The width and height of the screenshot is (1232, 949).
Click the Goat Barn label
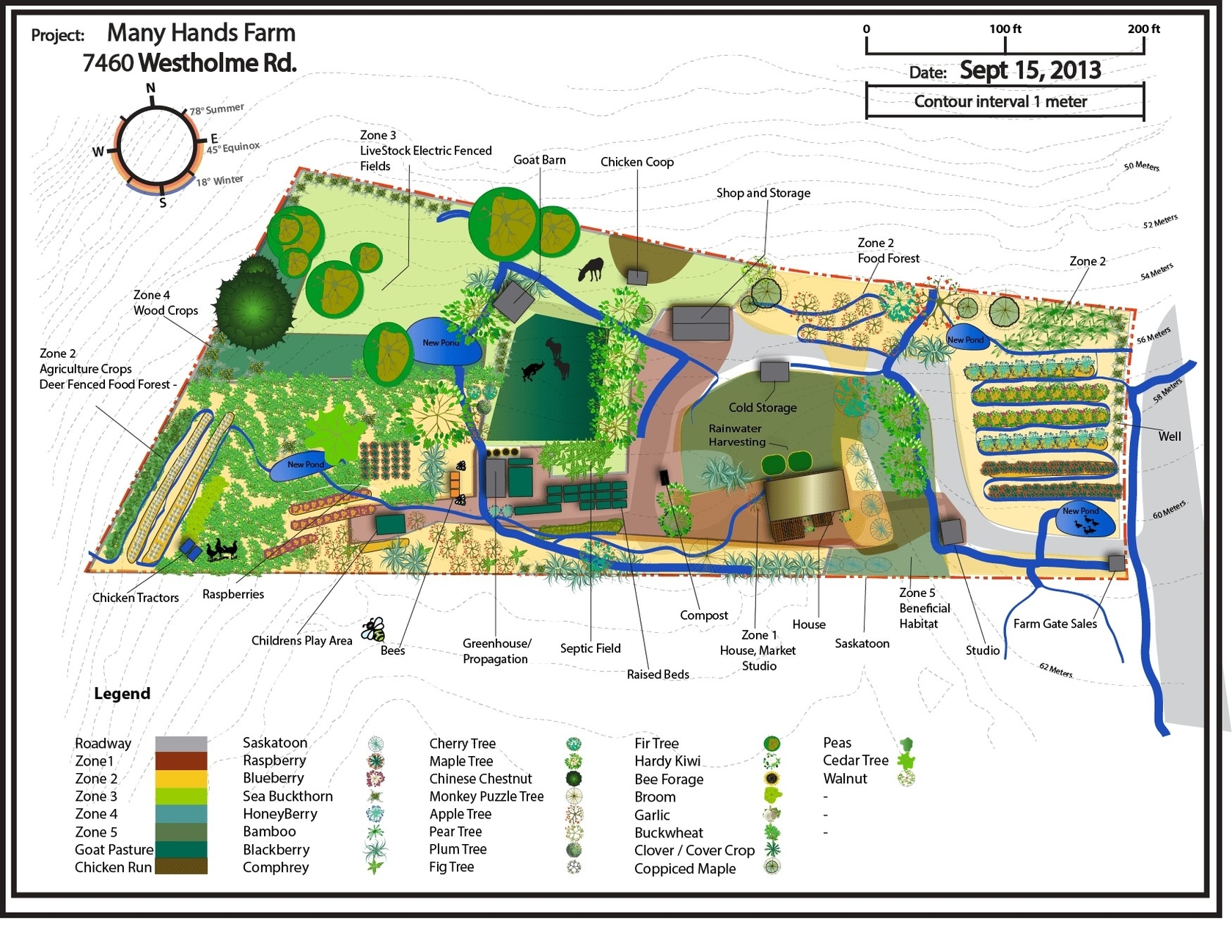coord(539,160)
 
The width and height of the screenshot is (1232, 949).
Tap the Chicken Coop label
coord(637,162)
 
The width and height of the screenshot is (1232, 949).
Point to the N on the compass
coord(151,89)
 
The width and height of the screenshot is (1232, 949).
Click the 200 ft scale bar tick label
coord(1143,29)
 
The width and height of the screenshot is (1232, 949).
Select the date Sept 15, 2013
coord(1030,70)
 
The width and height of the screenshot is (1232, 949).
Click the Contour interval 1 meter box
coord(1004,102)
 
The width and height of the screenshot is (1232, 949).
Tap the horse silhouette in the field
coord(590,269)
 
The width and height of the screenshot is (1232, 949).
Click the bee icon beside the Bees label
coord(373,629)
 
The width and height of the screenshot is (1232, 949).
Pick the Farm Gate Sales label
coord(1055,624)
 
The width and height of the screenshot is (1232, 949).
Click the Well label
coord(1169,436)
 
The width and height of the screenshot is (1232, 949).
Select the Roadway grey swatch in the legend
coord(181,744)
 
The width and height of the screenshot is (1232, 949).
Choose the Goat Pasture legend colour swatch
coord(181,849)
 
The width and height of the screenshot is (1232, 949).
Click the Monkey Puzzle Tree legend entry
coord(486,796)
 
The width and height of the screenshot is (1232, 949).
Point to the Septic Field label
coord(590,648)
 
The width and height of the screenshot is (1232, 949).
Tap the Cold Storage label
coord(762,408)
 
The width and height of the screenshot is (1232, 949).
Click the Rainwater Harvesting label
coord(736,435)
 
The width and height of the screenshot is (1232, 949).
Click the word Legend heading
coord(122,694)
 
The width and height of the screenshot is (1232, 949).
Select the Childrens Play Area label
coord(301,641)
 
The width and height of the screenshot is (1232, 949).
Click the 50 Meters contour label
coord(1141,166)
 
